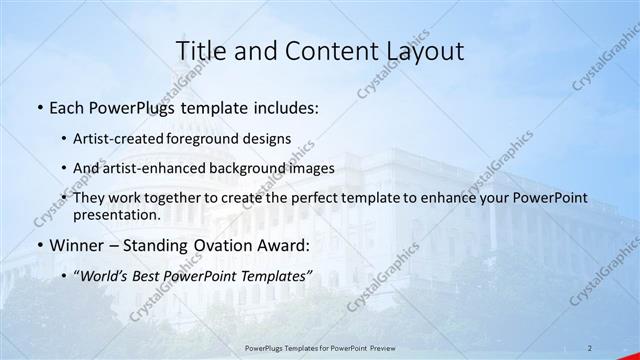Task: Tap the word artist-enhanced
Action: [x=147, y=168]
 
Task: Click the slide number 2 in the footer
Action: [x=590, y=347]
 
